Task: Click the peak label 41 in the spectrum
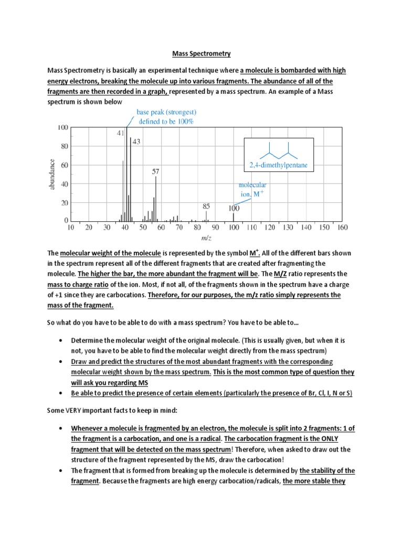tap(120, 133)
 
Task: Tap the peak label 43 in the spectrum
tap(136, 142)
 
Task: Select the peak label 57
tap(156, 171)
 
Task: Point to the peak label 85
tap(206, 206)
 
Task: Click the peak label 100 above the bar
tap(234, 208)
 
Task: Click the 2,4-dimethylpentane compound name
tap(279, 166)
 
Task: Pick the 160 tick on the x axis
tap(342, 228)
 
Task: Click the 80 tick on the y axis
tap(62, 147)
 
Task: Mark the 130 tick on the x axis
tap(288, 228)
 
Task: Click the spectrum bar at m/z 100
tap(234, 217)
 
